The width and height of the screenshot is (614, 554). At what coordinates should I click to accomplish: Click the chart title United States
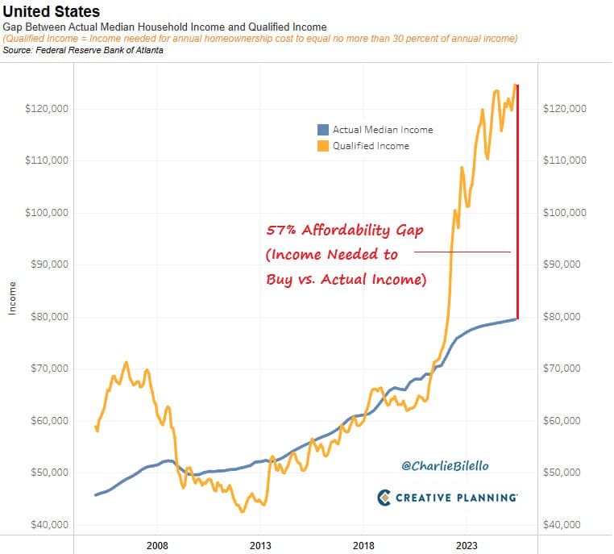pyautogui.click(x=52, y=12)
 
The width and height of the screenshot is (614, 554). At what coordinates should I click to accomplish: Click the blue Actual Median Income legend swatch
pyautogui.click(x=324, y=130)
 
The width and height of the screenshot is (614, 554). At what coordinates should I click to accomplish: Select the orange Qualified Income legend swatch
pyautogui.click(x=324, y=146)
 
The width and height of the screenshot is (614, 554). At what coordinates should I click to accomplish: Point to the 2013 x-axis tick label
pyautogui.click(x=260, y=545)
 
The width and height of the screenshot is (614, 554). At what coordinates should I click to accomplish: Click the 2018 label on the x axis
pyautogui.click(x=364, y=545)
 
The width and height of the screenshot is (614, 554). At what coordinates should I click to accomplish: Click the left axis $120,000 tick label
pyautogui.click(x=47, y=109)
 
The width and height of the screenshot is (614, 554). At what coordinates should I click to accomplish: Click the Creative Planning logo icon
pyautogui.click(x=384, y=498)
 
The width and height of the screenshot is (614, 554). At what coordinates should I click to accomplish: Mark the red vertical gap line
pyautogui.click(x=517, y=202)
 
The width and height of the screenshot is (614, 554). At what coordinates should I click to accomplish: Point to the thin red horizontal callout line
pyautogui.click(x=463, y=252)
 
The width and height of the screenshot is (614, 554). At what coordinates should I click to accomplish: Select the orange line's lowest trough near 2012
pyautogui.click(x=242, y=511)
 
